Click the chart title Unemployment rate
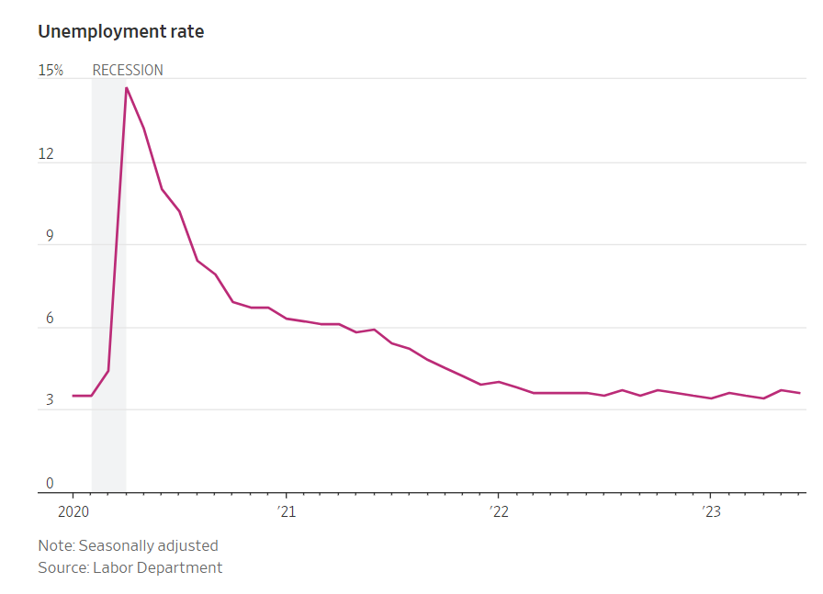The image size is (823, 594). point(120,31)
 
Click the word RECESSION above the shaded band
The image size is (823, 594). point(128,70)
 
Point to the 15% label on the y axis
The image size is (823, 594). point(51,70)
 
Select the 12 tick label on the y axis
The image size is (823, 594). point(45,154)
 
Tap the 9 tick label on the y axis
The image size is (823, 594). point(50,237)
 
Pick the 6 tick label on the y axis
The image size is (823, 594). point(50,319)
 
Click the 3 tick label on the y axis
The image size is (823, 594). point(50,402)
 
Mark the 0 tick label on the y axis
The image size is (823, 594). point(50,484)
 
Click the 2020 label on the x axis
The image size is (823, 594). point(73,510)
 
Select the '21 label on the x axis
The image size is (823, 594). point(286,510)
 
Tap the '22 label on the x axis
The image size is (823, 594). point(498,510)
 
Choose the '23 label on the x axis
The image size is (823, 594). point(709,510)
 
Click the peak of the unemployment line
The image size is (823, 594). point(126,87)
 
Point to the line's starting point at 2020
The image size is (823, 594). point(73,396)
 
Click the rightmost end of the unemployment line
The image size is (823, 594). point(799,393)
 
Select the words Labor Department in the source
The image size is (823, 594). point(157,567)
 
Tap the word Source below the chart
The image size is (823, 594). point(62,567)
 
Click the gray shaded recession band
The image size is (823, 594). point(108,275)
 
